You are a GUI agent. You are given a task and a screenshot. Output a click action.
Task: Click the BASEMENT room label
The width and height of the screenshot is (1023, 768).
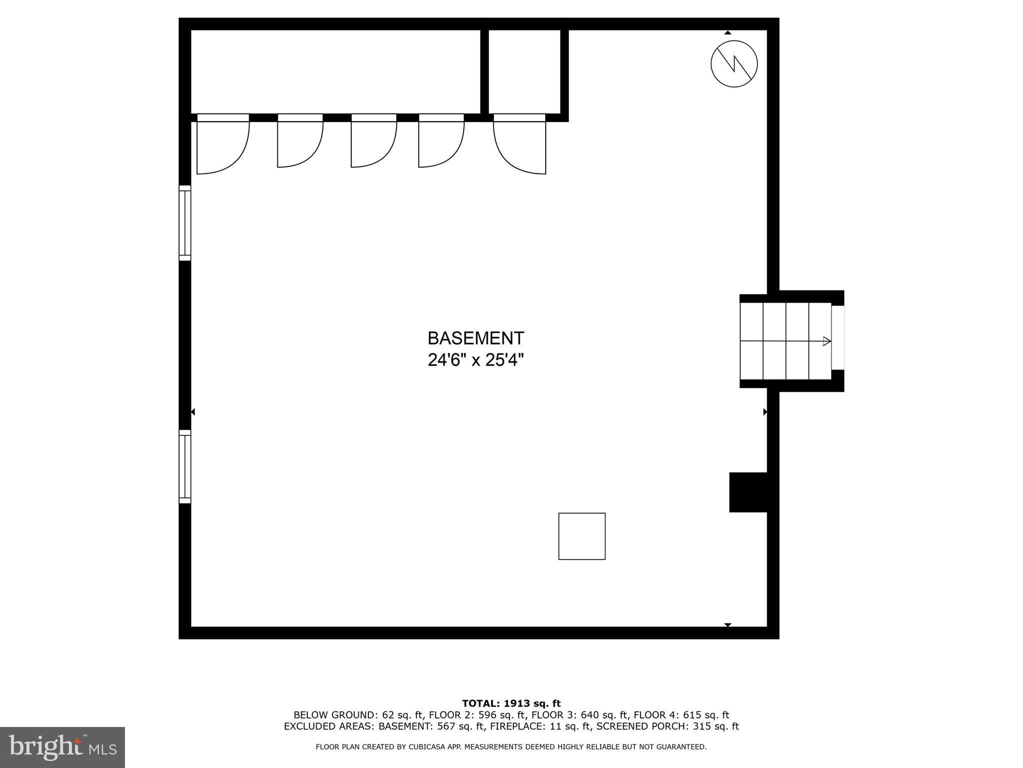(x=475, y=338)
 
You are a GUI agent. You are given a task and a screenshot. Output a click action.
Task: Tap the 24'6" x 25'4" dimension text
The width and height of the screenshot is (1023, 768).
(x=475, y=360)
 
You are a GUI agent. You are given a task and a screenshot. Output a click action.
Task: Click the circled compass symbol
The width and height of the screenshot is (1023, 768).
(x=734, y=64)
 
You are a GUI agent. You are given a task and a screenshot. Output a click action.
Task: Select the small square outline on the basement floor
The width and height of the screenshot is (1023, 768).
(x=582, y=536)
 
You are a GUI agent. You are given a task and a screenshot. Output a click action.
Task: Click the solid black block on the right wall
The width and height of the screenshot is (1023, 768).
(x=748, y=492)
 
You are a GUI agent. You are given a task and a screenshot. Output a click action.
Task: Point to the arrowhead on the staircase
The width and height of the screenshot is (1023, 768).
(x=827, y=341)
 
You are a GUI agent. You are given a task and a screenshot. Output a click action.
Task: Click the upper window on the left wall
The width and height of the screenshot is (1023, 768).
(x=185, y=223)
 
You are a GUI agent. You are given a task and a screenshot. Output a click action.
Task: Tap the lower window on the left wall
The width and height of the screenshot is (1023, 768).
(x=185, y=466)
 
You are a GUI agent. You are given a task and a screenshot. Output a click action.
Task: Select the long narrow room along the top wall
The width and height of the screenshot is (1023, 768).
(x=335, y=71)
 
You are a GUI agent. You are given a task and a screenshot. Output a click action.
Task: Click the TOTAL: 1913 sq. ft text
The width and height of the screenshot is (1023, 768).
(x=511, y=703)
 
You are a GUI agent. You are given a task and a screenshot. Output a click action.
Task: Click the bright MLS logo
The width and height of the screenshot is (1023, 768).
(x=62, y=747)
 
